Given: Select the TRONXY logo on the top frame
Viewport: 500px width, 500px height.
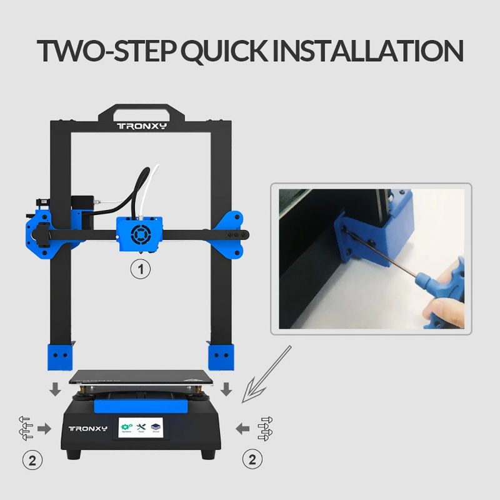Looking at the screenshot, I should (x=142, y=126).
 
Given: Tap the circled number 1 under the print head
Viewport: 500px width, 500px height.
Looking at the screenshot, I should (x=141, y=269).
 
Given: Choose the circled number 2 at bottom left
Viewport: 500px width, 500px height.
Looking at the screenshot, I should (x=32, y=461).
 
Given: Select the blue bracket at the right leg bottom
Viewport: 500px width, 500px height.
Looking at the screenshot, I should (x=220, y=357).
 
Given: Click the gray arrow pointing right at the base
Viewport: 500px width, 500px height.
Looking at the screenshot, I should (x=44, y=428).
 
